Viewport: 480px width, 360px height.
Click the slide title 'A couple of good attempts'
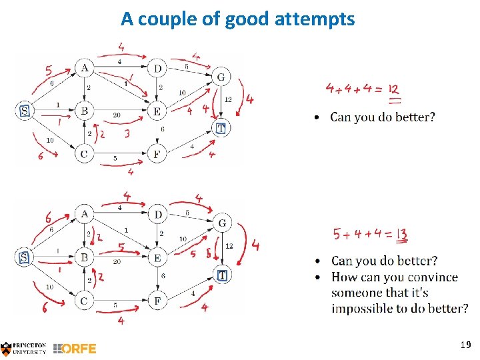tap(238, 19)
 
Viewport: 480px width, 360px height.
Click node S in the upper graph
tap(25, 111)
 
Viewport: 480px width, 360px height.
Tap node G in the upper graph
tap(221, 77)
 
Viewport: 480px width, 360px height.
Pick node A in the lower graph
tap(85, 214)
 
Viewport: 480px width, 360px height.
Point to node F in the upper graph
tap(156, 153)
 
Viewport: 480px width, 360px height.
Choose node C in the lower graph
tap(84, 301)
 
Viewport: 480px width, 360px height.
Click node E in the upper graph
tap(156, 111)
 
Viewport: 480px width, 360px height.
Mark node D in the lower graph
tap(157, 214)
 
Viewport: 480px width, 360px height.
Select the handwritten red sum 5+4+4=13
tap(371, 235)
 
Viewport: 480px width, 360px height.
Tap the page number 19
tap(465, 345)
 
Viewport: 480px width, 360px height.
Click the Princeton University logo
tap(24, 347)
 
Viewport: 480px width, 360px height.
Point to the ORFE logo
tap(75, 348)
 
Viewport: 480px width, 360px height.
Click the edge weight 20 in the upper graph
tap(117, 115)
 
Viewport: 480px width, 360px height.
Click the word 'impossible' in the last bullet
tap(365, 308)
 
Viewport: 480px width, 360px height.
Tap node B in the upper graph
tap(84, 111)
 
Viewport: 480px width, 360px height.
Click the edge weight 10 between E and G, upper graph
tap(181, 93)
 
